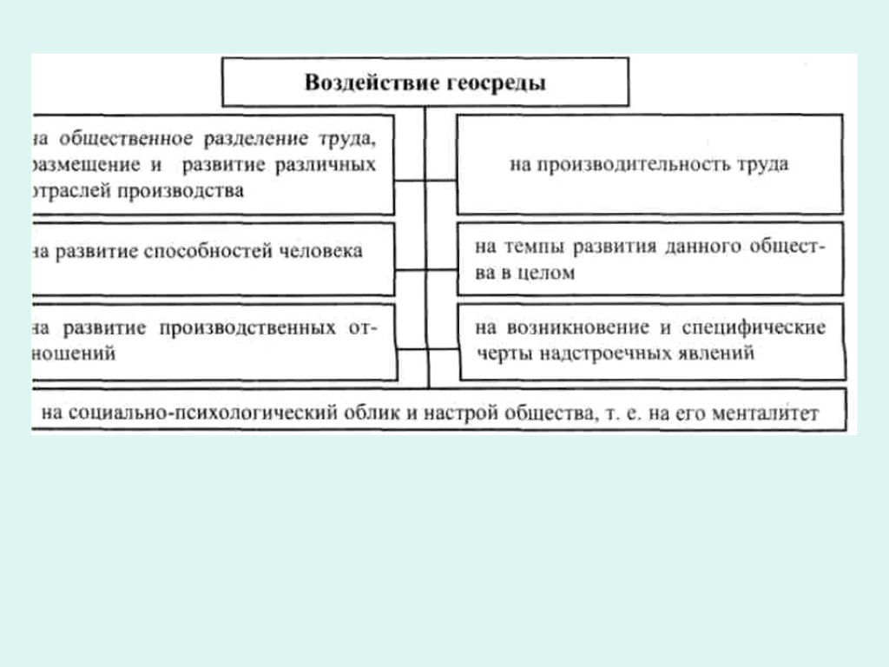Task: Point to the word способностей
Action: pos(207,252)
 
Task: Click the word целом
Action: pos(546,272)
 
